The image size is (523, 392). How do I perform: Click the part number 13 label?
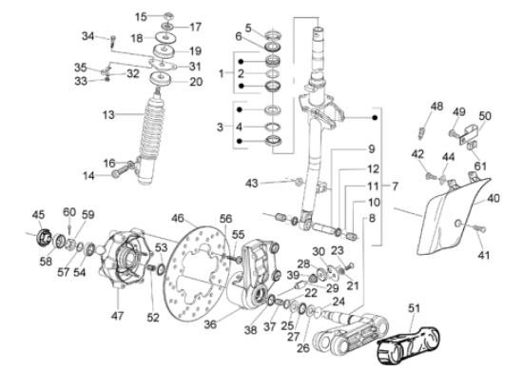108,115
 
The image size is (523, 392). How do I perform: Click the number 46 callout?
178,219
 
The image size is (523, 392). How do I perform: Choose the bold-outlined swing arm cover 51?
408,345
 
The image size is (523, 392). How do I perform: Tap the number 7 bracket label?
396,186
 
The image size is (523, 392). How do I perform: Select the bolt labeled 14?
121,171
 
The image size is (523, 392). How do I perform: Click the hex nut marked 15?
168,15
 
